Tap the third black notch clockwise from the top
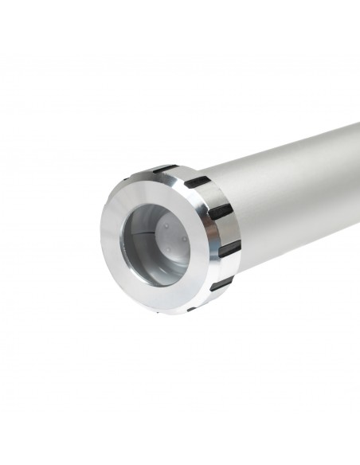pyautogui.click(x=220, y=211)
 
